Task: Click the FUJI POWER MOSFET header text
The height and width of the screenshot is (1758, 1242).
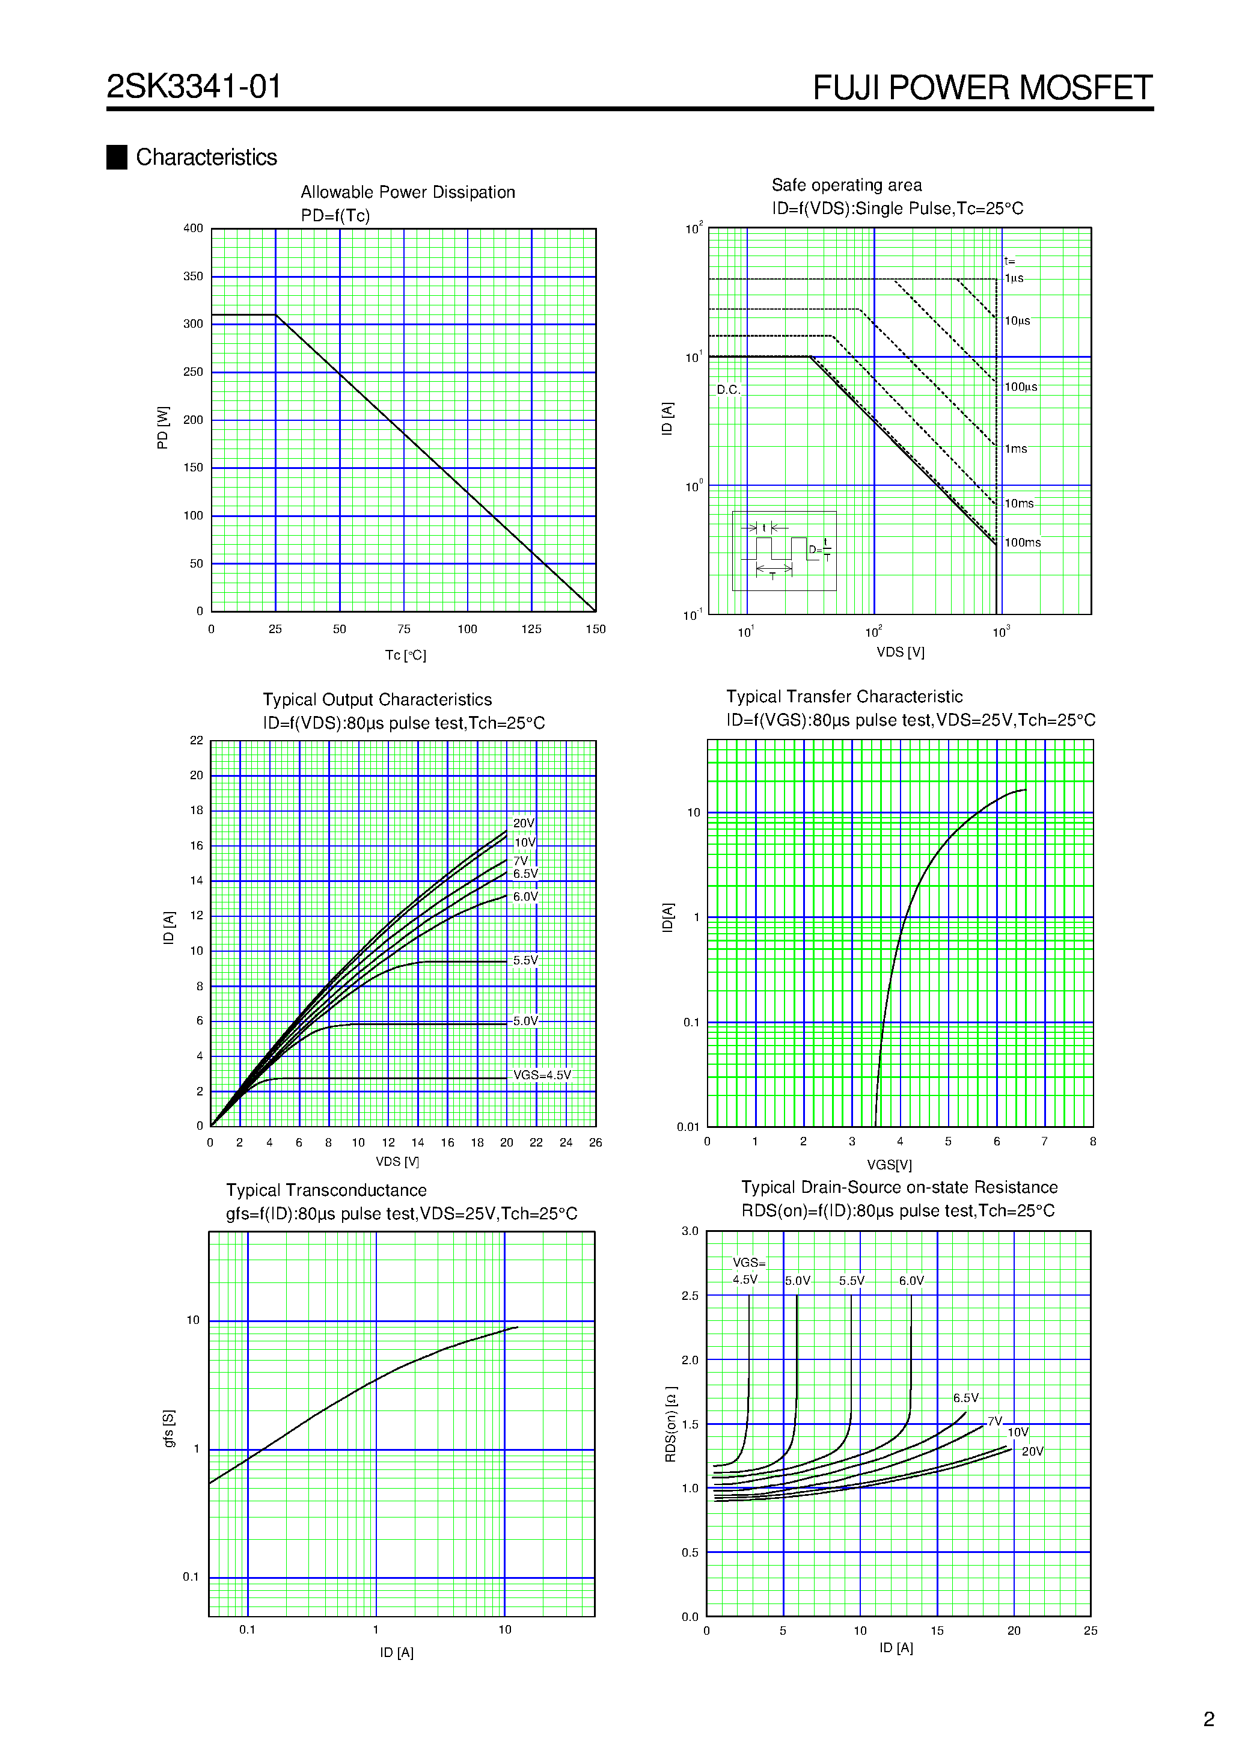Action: (982, 87)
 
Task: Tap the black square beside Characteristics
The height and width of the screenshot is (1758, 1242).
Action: (117, 157)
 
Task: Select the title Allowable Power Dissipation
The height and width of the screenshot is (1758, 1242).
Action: (408, 192)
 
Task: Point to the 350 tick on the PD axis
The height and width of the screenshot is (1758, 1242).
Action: (193, 277)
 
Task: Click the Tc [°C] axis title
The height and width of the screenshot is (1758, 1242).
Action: (405, 655)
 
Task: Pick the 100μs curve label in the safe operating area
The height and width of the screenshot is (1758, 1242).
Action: (1021, 387)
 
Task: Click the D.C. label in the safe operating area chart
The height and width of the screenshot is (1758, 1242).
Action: (727, 390)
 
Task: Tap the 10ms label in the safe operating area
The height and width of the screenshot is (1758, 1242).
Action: (1018, 504)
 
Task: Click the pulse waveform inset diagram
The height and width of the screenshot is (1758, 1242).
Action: (784, 551)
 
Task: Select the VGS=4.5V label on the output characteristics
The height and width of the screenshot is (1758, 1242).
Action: (542, 1075)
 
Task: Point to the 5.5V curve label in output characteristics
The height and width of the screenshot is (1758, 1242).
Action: (525, 960)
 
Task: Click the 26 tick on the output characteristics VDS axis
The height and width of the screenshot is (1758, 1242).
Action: (595, 1142)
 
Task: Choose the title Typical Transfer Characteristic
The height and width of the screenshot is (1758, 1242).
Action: (844, 697)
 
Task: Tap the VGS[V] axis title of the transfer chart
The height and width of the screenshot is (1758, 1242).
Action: (889, 1165)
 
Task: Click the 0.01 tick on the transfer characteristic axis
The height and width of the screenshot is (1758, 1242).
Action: (688, 1127)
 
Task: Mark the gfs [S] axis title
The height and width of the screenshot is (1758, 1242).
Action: (169, 1428)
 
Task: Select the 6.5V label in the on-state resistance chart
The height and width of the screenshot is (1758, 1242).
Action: (965, 1398)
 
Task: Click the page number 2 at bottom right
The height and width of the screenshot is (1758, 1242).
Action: (1208, 1719)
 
